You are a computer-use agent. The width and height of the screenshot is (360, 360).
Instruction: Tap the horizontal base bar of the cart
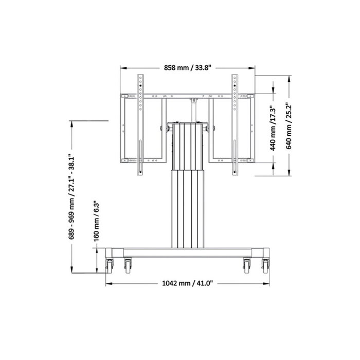click(187, 252)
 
